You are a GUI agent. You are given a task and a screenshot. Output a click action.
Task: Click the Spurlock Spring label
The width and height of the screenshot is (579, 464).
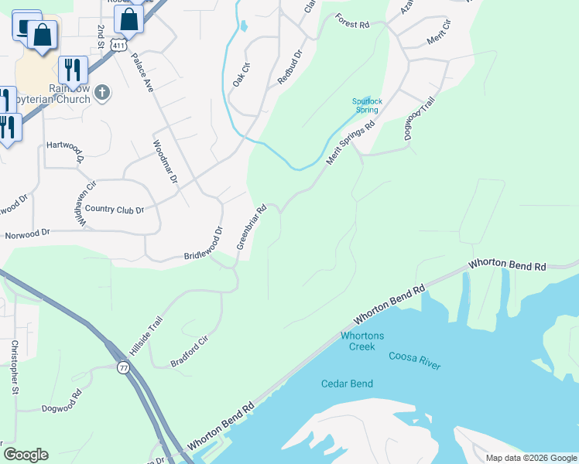point(366,105)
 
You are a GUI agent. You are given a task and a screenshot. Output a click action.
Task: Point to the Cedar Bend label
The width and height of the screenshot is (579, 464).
point(347,384)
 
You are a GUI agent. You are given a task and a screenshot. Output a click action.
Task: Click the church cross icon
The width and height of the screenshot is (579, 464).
point(102,94)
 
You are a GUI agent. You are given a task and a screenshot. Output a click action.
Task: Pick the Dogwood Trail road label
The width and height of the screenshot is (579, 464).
point(420,118)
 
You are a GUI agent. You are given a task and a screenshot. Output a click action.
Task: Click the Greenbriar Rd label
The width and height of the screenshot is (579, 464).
point(252,227)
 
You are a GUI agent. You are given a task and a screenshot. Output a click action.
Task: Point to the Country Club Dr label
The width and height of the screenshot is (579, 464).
point(115,210)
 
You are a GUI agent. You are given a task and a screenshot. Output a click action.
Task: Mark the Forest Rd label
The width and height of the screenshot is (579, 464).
point(352,25)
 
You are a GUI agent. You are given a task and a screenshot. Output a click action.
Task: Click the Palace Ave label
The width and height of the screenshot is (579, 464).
point(142,73)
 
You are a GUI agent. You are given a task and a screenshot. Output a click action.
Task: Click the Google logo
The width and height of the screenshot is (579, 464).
point(26,455)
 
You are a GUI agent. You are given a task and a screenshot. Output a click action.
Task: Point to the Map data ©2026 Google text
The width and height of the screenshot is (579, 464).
point(530,458)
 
